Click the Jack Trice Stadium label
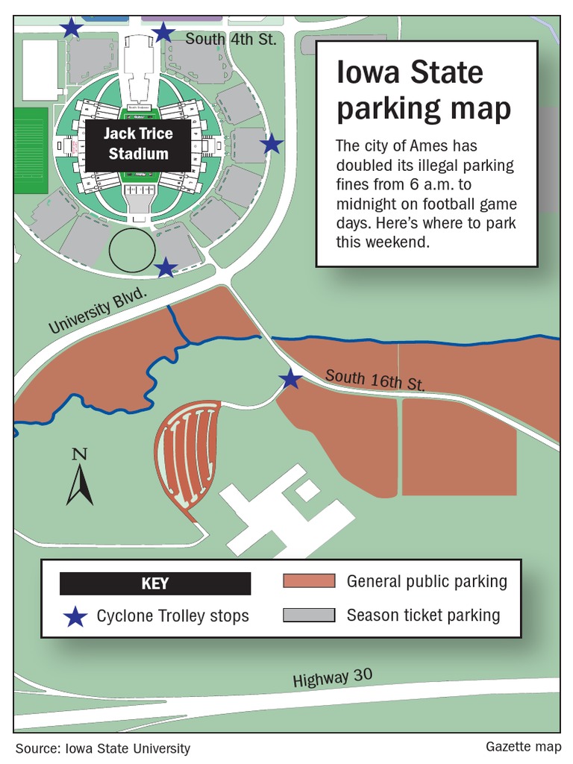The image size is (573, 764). [x=138, y=144]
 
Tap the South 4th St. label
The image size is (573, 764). [x=231, y=38]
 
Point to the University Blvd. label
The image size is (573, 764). [x=98, y=313]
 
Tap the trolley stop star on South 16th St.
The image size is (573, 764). [x=290, y=380]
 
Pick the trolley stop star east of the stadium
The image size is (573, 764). [x=272, y=144]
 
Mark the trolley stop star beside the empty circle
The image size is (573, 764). [x=166, y=267]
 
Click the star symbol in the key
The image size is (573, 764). [x=74, y=616]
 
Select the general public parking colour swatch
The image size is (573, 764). [x=309, y=581]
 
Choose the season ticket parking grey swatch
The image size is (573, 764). [x=309, y=616]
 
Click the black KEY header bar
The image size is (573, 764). [x=155, y=583]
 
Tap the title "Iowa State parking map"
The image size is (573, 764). [x=423, y=91]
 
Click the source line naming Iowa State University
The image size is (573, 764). [x=102, y=748]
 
